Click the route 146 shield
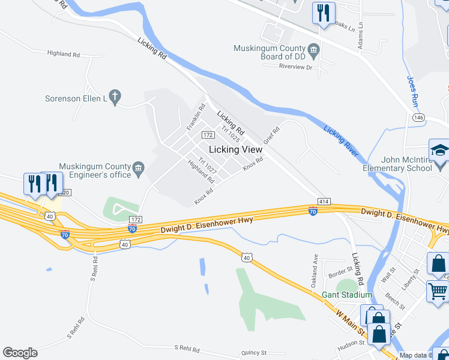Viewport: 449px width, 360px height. click(x=418, y=118)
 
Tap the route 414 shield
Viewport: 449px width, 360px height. click(x=324, y=201)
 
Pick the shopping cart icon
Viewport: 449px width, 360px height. click(x=438, y=290)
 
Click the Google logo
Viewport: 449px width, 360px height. click(x=20, y=353)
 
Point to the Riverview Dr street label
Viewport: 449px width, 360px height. click(x=292, y=67)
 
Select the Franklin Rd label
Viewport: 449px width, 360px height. click(x=196, y=118)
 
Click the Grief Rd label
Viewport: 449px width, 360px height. click(x=273, y=135)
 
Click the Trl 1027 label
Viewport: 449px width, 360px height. click(x=208, y=167)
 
